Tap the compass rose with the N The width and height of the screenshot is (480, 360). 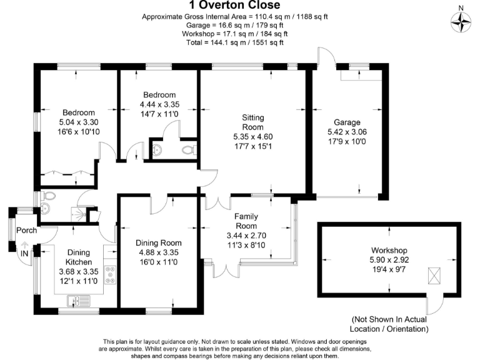(x=461, y=22)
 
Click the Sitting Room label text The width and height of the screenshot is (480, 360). (x=253, y=122)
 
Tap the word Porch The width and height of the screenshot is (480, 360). (x=26, y=230)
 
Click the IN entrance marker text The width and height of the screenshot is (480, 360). (x=24, y=253)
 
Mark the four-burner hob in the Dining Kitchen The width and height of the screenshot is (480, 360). (x=112, y=275)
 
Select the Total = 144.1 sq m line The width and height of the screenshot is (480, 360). (x=234, y=42)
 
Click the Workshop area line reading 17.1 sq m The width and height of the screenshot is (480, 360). (x=234, y=34)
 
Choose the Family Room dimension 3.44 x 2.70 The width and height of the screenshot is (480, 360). (x=246, y=237)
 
